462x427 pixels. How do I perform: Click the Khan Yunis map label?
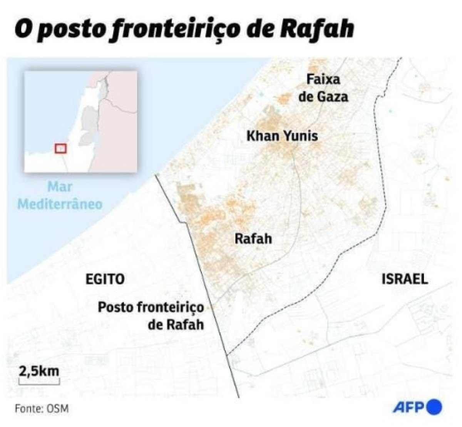[282, 136]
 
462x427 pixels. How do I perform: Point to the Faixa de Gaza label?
[323, 88]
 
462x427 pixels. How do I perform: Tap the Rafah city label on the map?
[253, 239]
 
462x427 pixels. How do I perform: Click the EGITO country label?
[105, 279]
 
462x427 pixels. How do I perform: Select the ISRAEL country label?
[405, 279]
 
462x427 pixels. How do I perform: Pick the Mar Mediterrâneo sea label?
[60, 195]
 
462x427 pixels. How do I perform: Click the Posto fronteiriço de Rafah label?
[151, 316]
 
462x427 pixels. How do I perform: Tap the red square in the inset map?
[60, 148]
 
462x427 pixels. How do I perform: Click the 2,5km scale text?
[39, 372]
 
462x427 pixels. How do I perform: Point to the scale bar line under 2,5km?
[39, 383]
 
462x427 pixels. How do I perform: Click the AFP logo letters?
[408, 407]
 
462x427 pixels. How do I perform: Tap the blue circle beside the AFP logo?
[435, 407]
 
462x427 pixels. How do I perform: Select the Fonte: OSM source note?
[42, 409]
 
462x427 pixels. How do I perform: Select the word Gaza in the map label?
[333, 96]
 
